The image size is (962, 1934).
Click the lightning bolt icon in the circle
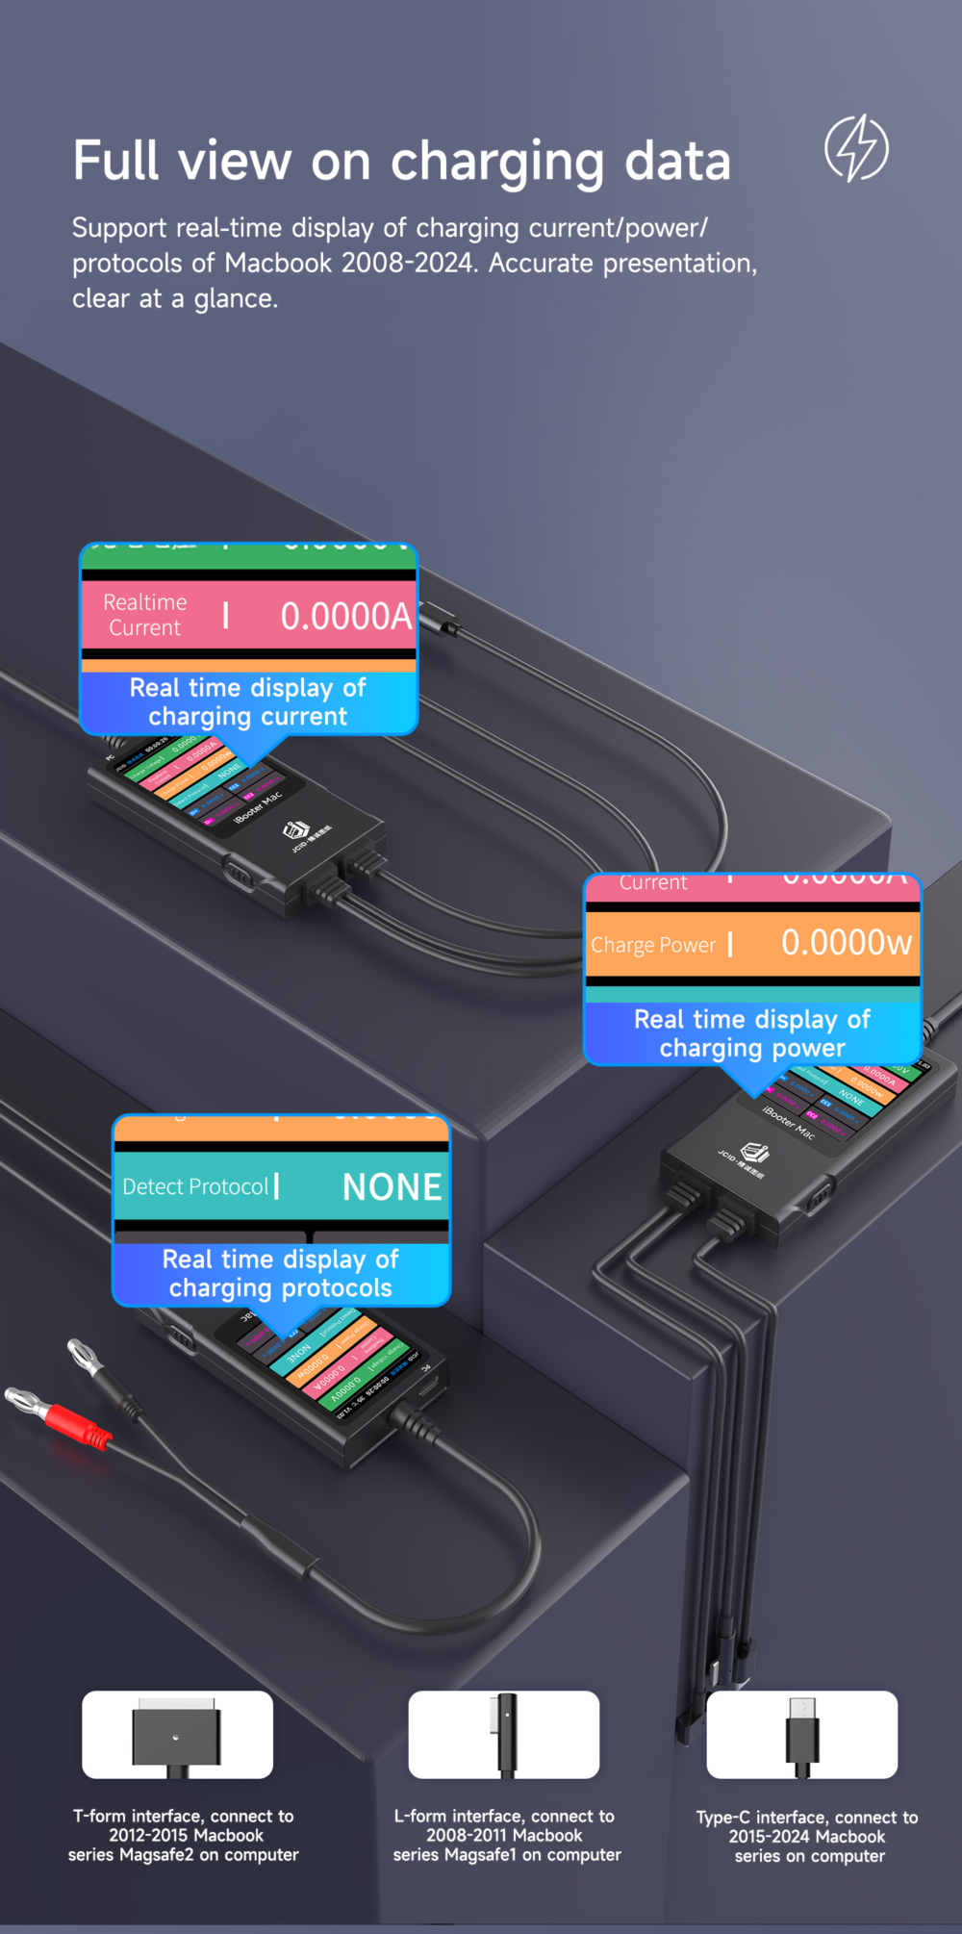pos(856,148)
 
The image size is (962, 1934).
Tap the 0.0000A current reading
pos(345,617)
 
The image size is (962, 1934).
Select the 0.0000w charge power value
pos(846,943)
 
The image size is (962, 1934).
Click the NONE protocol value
pos(392,1187)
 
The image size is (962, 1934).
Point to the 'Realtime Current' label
pos(144,615)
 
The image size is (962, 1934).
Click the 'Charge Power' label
pos(653,945)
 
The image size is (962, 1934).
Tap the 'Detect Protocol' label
pos(195,1187)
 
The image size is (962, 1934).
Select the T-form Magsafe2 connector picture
pos(177,1735)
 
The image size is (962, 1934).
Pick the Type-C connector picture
pos(802,1736)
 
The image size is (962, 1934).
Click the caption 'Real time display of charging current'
pos(248,702)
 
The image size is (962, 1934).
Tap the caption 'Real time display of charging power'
pos(751,1033)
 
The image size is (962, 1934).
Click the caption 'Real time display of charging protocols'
pos(281,1274)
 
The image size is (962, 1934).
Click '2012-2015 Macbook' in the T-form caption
pos(186,1836)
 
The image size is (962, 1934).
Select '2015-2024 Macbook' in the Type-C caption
pos(806,1837)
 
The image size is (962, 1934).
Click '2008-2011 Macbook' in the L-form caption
pos(504,1836)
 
